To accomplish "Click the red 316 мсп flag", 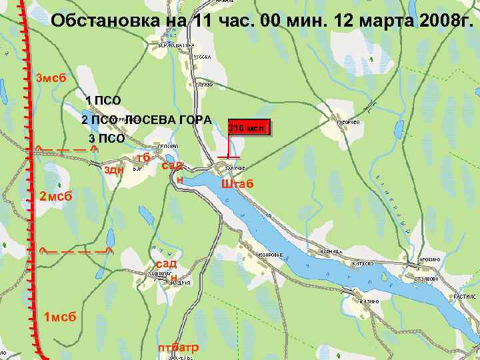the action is (x=249, y=127).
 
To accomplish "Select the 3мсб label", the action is (x=51, y=79).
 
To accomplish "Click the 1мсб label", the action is (x=59, y=316).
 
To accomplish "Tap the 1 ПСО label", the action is (x=103, y=101).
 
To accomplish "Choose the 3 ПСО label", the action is (x=107, y=139).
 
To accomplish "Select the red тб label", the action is (x=142, y=157).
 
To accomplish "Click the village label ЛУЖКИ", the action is (x=205, y=85).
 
